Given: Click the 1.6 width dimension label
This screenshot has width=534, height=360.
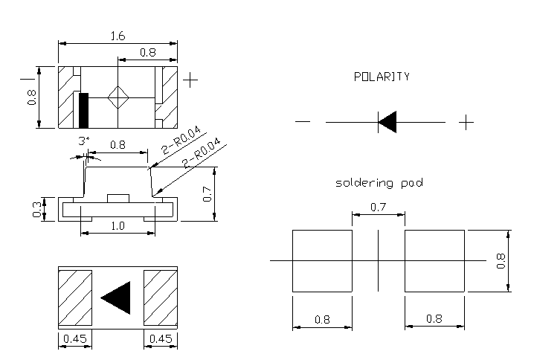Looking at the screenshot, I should [x=118, y=35].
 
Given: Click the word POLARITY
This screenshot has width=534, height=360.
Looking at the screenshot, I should [x=382, y=77].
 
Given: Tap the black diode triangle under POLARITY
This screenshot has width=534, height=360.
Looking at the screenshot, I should [x=387, y=122].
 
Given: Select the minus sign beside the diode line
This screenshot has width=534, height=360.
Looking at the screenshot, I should [x=302, y=122].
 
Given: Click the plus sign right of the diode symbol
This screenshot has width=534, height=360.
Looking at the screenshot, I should [x=466, y=122].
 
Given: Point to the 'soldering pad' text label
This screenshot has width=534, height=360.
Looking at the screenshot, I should [x=379, y=182].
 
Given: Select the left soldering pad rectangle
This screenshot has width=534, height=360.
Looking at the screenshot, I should [x=321, y=261].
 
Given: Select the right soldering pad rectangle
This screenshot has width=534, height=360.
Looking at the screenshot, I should [x=434, y=261].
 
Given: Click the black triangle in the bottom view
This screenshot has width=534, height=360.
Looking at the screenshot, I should [x=117, y=298].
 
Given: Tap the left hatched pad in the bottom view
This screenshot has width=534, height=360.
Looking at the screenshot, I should [x=74, y=298].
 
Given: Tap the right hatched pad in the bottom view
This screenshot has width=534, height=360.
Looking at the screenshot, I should [x=161, y=298].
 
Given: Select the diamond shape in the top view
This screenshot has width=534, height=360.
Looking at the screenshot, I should [x=118, y=97].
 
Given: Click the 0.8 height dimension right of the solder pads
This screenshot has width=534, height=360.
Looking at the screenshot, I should [x=501, y=261].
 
